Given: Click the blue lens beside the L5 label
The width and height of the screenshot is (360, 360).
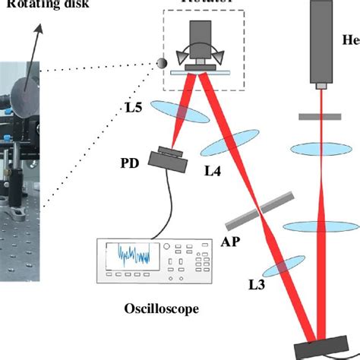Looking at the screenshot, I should [182, 112].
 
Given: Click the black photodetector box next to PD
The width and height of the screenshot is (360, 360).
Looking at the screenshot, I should [168, 158].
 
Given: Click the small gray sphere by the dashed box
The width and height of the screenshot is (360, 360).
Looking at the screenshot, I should [162, 64].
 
